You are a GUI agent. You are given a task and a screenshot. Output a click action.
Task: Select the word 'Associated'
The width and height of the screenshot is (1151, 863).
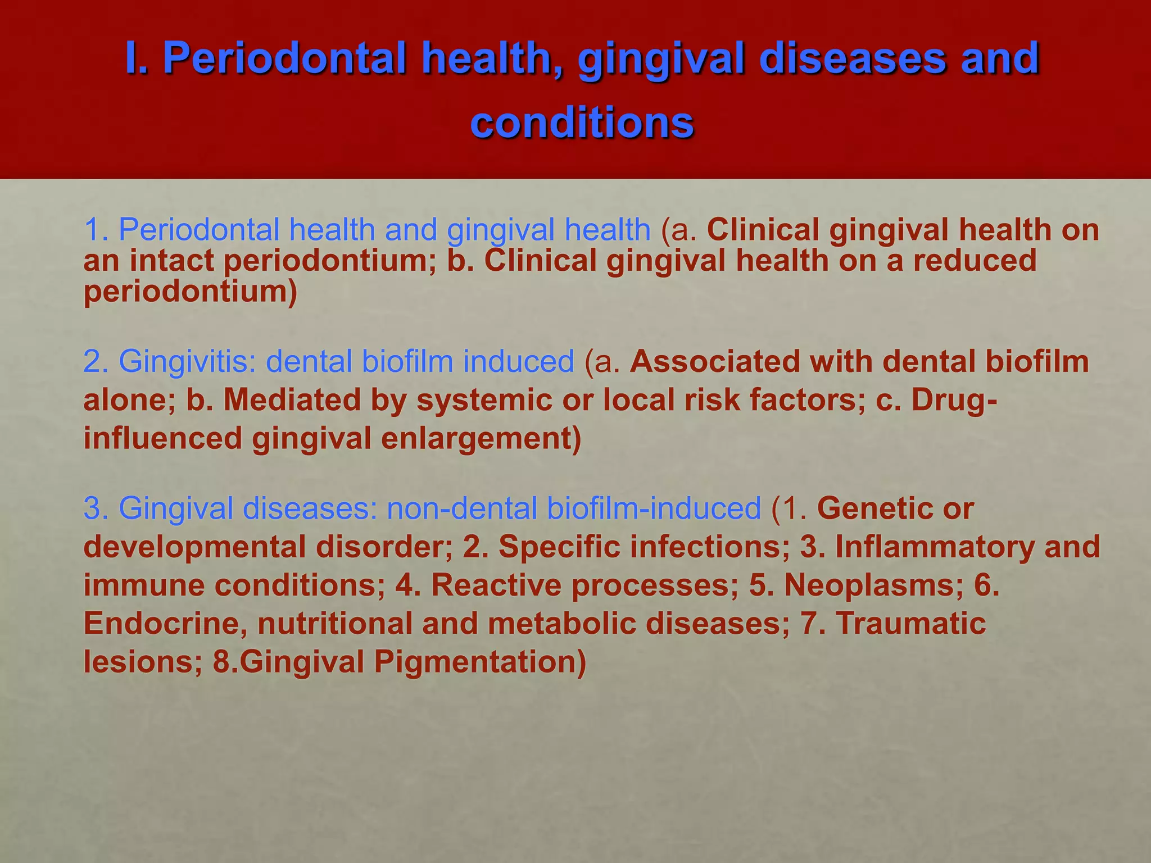[x=715, y=361]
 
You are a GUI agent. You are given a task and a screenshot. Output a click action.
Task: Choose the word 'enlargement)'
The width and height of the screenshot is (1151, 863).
[x=481, y=438]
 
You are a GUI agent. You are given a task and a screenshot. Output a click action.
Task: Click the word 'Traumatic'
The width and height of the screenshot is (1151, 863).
[x=910, y=623]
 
